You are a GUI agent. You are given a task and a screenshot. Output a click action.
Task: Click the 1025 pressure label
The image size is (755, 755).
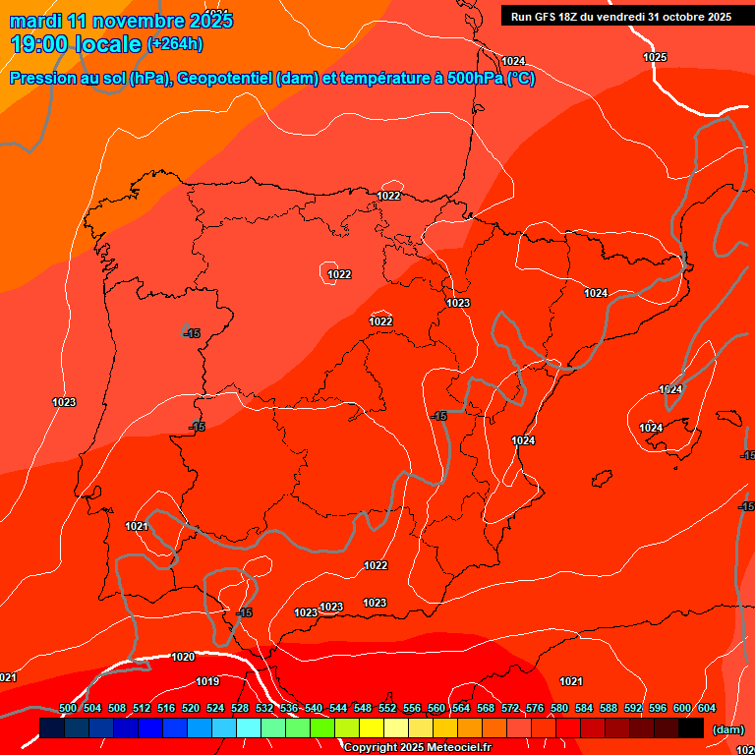point(655,57)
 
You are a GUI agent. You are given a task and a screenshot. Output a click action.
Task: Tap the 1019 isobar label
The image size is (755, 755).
point(207,681)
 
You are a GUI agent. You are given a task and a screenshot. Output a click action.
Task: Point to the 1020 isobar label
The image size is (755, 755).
point(183,657)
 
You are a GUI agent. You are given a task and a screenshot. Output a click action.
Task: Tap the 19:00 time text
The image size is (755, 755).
point(40,44)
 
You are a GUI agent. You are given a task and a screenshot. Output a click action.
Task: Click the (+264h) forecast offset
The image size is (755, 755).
point(175,44)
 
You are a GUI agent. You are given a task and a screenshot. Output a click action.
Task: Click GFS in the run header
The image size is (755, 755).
point(547,17)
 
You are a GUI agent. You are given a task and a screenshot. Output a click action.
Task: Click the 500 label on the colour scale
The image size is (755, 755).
point(68,708)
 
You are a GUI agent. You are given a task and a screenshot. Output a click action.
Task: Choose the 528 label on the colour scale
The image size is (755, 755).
point(240,708)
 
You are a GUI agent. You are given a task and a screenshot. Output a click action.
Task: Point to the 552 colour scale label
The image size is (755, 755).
point(387,708)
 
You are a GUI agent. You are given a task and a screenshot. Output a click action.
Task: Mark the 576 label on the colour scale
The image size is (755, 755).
point(535,708)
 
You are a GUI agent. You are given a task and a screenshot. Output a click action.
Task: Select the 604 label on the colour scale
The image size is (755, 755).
point(707,708)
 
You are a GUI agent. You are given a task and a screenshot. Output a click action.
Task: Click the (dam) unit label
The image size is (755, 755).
point(727,729)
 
